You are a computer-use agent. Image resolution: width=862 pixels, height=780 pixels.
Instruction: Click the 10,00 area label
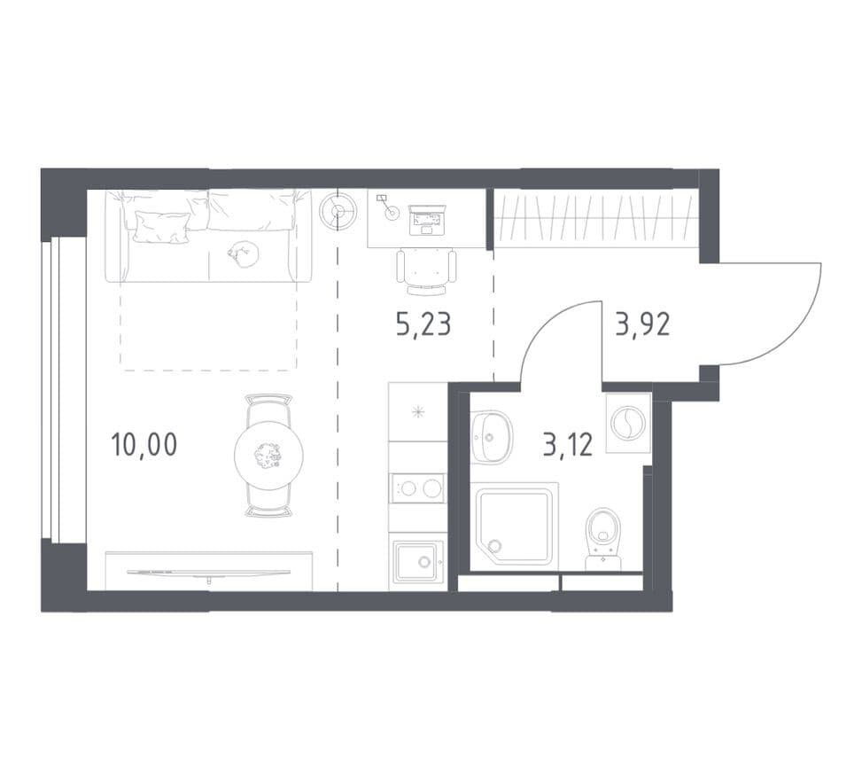click(x=144, y=444)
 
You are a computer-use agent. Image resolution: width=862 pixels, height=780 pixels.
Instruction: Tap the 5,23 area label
click(x=423, y=324)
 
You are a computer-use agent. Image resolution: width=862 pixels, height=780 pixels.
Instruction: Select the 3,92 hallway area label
click(x=642, y=324)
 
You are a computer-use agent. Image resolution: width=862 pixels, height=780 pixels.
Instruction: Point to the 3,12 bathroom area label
click(x=568, y=445)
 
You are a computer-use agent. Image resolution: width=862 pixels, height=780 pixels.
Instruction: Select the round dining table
click(x=268, y=456)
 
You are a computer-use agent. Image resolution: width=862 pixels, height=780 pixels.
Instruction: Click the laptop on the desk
click(x=427, y=220)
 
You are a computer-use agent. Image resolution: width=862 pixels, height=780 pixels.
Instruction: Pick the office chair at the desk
click(x=427, y=271)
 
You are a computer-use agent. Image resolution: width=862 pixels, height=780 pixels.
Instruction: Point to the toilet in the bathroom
click(x=603, y=539)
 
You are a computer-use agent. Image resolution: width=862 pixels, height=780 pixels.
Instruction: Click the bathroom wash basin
click(x=492, y=437)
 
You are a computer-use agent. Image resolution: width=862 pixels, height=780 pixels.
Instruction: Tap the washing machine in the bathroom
click(x=628, y=423)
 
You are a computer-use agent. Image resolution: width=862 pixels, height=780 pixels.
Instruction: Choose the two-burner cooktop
click(x=418, y=488)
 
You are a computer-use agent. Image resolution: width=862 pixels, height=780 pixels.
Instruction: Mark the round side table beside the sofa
click(x=338, y=211)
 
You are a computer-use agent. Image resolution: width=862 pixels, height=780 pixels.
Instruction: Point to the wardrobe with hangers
click(x=596, y=218)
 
